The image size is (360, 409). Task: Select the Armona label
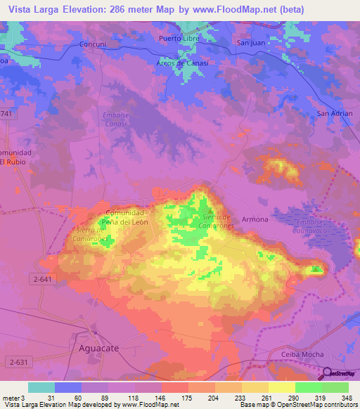pos(255,219)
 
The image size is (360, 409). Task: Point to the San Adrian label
pos(334,113)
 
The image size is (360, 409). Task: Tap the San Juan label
pos(250,44)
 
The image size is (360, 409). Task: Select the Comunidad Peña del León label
pos(124,217)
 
